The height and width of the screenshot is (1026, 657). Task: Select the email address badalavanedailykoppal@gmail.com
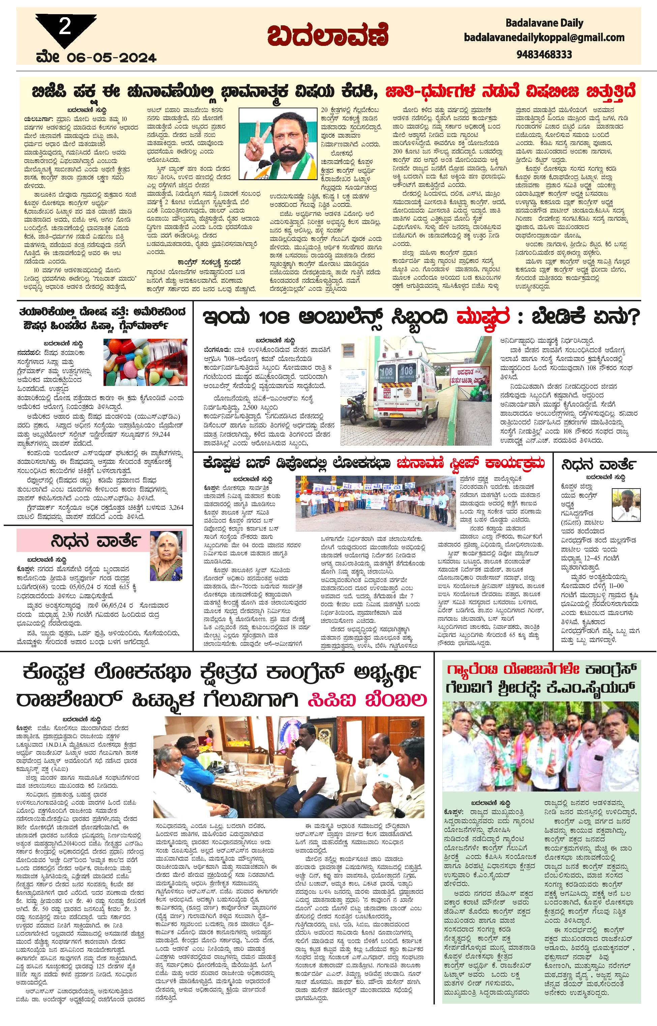click(x=544, y=37)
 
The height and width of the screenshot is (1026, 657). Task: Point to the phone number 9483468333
click(x=544, y=54)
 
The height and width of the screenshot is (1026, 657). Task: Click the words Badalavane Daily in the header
click(x=544, y=23)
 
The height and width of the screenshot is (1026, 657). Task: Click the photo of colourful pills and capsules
click(x=145, y=362)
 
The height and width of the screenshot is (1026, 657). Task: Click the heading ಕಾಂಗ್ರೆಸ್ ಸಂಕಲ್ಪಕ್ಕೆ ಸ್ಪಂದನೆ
click(x=210, y=262)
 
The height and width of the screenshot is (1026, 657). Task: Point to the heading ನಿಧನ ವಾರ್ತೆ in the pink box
click(x=94, y=541)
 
